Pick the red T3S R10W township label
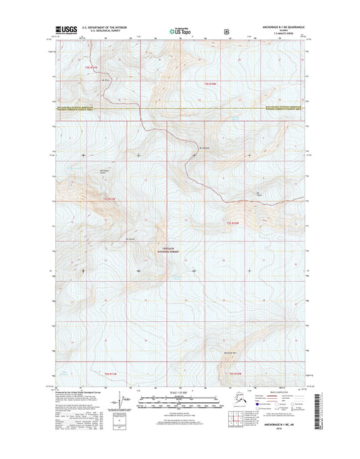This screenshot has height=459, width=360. tap(234, 222)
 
